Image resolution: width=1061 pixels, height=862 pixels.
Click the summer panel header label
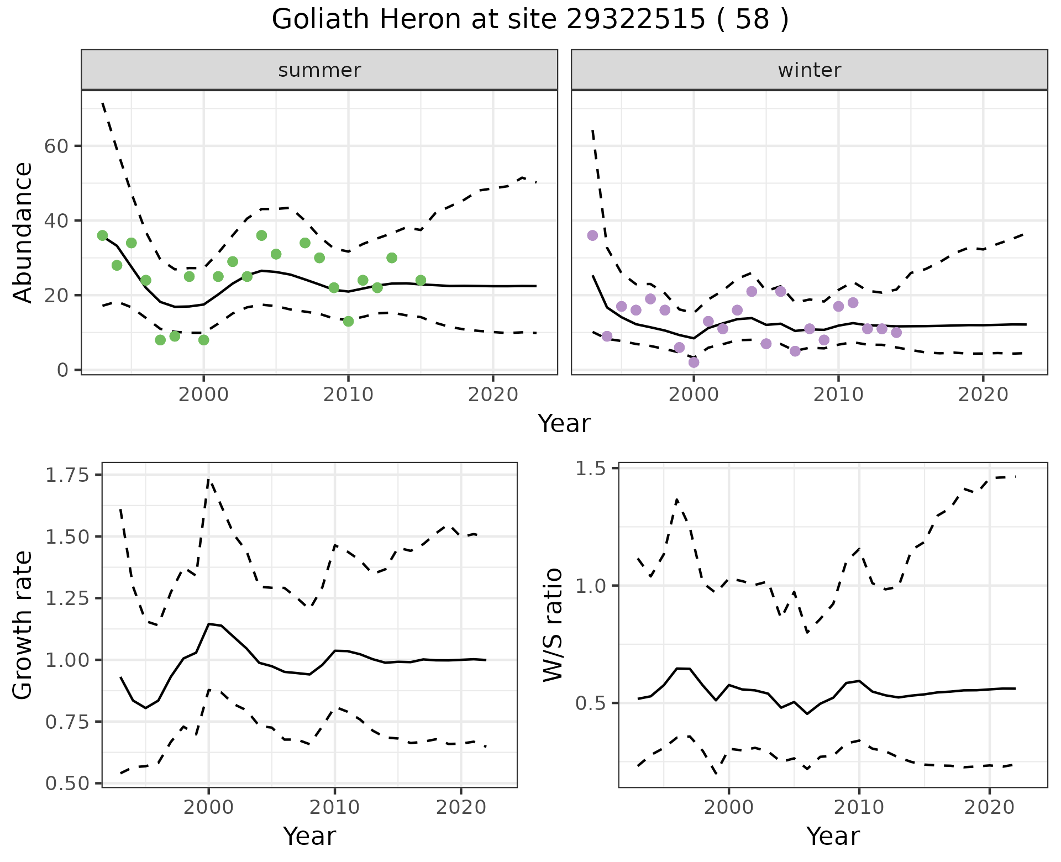click(319, 70)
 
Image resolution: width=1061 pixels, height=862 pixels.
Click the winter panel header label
click(809, 70)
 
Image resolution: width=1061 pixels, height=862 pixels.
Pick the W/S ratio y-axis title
click(553, 625)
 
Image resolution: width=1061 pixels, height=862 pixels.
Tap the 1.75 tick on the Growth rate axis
click(67, 475)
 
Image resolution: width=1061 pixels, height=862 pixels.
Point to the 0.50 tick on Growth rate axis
click(67, 784)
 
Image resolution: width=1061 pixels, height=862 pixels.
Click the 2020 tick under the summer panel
click(493, 395)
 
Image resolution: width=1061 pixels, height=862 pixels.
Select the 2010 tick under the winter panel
click(838, 395)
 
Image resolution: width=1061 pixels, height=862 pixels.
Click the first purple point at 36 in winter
click(592, 235)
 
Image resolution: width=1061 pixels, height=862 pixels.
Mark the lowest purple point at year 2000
click(694, 362)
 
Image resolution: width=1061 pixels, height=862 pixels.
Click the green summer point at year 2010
click(348, 321)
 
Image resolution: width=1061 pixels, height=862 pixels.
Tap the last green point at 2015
click(421, 280)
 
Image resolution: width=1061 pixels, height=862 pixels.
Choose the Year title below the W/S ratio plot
click(833, 836)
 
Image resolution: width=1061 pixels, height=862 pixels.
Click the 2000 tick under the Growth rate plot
click(208, 807)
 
